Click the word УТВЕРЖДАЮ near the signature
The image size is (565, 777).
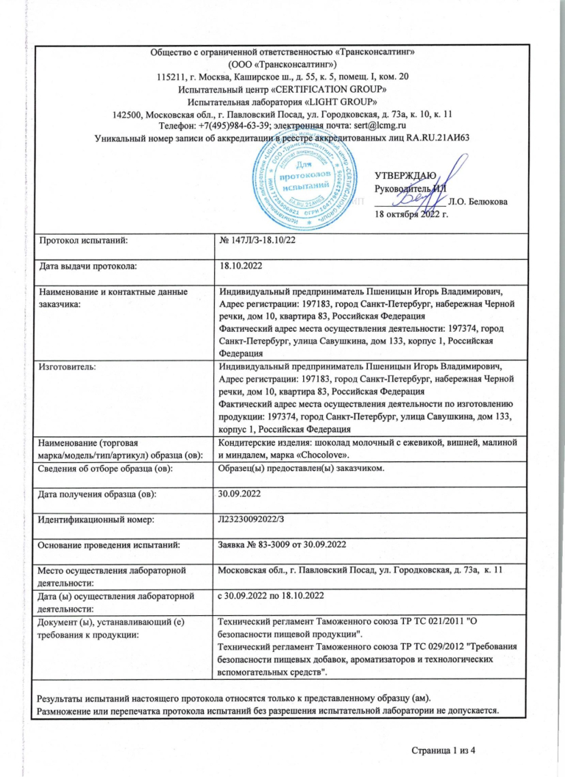(x=405, y=175)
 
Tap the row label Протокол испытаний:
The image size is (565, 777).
(x=82, y=240)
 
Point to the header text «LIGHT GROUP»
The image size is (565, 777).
(x=346, y=102)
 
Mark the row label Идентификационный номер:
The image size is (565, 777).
(x=91, y=520)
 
